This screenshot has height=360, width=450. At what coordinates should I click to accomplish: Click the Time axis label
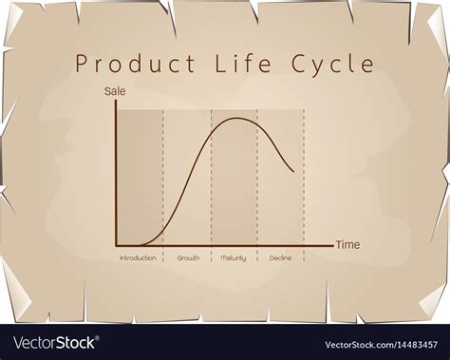(348, 245)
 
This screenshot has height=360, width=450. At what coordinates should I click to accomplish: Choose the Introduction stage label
(139, 258)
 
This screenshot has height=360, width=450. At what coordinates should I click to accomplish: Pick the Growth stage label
(188, 258)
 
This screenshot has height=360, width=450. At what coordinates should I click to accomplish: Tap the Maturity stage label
(234, 258)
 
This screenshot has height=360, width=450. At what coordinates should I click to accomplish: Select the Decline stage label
(280, 258)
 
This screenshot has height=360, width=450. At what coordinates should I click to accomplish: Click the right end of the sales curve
(292, 172)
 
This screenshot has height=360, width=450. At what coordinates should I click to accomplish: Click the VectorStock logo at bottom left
(52, 342)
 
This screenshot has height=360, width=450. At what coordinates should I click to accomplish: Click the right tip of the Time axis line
(333, 245)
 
